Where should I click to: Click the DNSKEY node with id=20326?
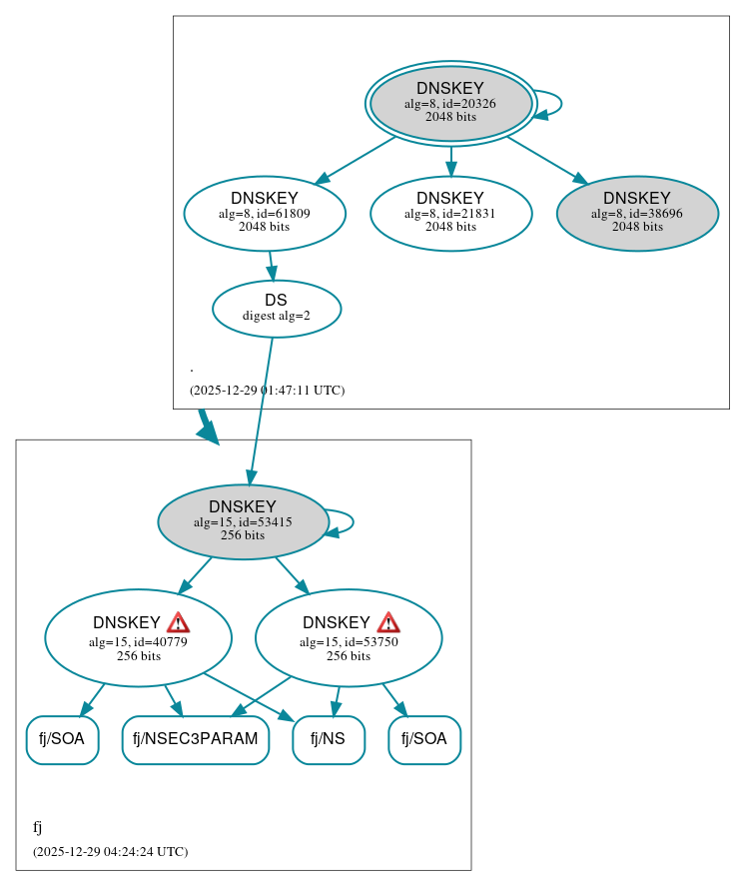pos(450,103)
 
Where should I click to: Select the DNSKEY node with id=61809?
pos(265,213)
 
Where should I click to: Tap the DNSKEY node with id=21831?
pos(450,213)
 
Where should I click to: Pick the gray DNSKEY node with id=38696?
pos(637,213)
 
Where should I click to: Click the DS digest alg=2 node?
pos(277,309)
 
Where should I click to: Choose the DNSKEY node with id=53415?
pos(243,521)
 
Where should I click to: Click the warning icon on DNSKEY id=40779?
pos(178,623)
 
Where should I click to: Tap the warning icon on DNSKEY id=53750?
pos(388,623)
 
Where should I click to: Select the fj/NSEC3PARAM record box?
pos(196,740)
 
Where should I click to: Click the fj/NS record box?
pos(329,740)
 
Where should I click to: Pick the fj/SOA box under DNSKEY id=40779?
pos(62,740)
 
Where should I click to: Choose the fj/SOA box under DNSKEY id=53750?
pos(424,740)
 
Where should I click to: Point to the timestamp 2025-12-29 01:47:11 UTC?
pos(267,391)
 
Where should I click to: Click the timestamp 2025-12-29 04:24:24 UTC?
pos(110,852)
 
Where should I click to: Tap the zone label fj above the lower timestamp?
pos(37,827)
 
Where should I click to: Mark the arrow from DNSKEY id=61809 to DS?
pos(271,266)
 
